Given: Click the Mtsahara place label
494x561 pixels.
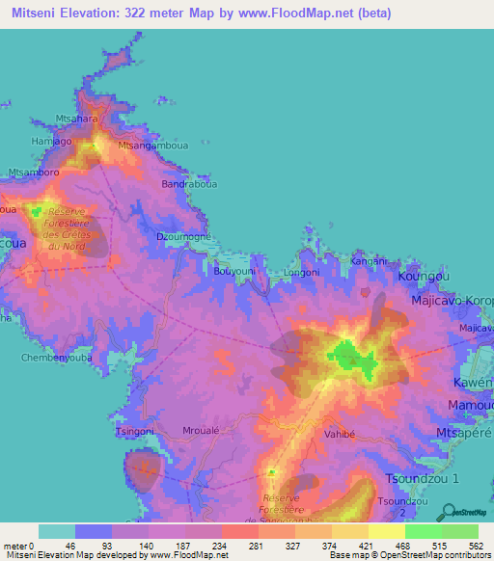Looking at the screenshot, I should (x=78, y=119).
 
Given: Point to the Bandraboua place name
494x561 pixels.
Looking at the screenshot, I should (x=186, y=183).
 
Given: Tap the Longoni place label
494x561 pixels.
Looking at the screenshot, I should (x=300, y=273).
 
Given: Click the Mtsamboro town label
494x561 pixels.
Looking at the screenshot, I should (x=34, y=173).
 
